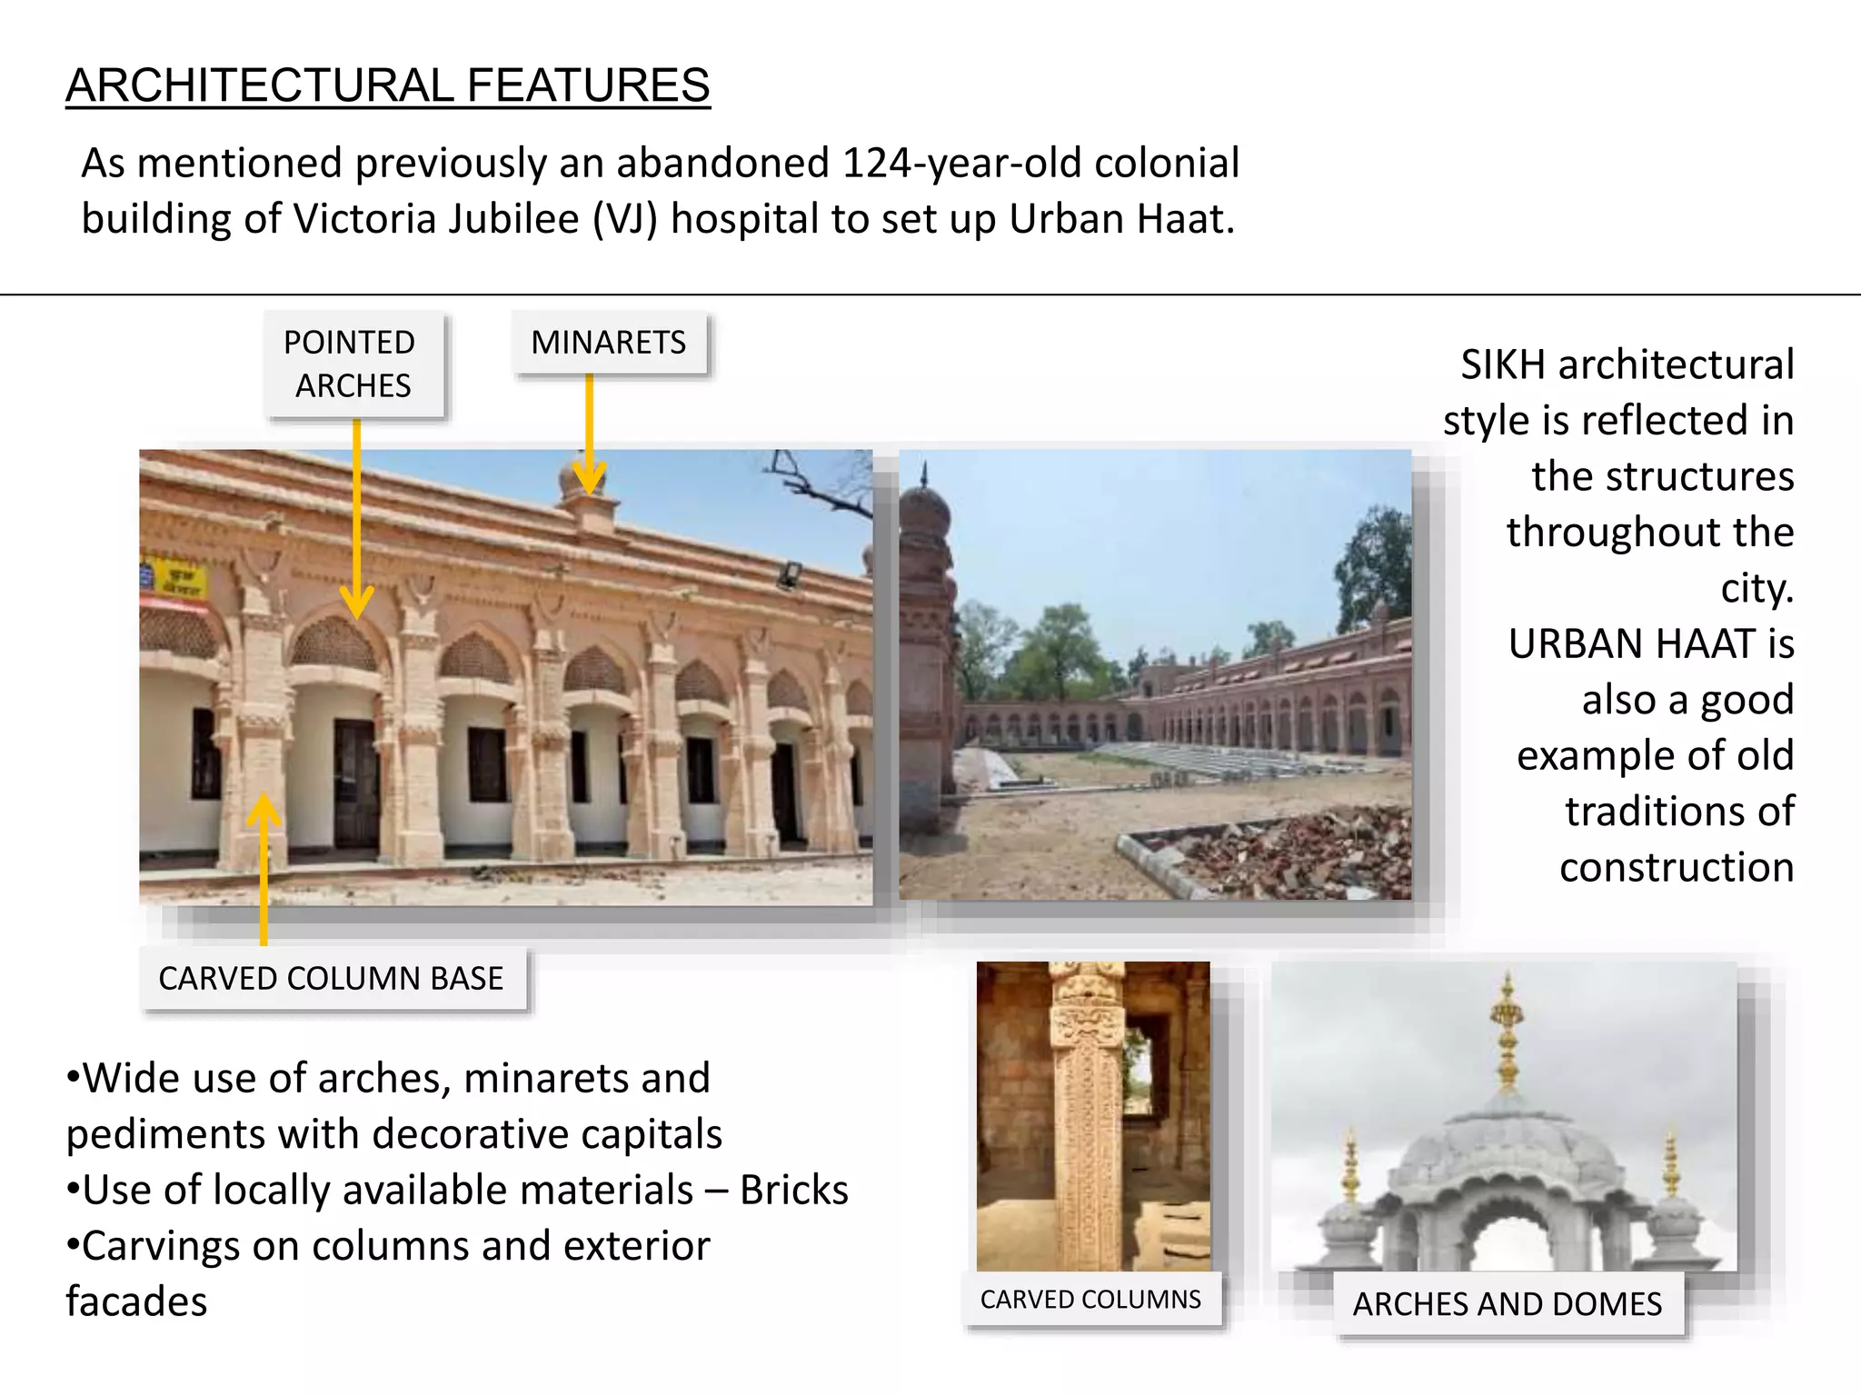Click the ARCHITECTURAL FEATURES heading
[x=387, y=85]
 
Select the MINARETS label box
[x=609, y=343]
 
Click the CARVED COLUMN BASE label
[x=332, y=979]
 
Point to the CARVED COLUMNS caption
[x=1090, y=1300]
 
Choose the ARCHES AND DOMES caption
[x=1508, y=1304]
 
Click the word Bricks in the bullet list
[x=793, y=1191]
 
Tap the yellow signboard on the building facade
[x=175, y=579]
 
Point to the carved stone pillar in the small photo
[x=1086, y=1118]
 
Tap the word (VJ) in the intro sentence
[x=624, y=220]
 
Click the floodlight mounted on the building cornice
[x=787, y=574]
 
